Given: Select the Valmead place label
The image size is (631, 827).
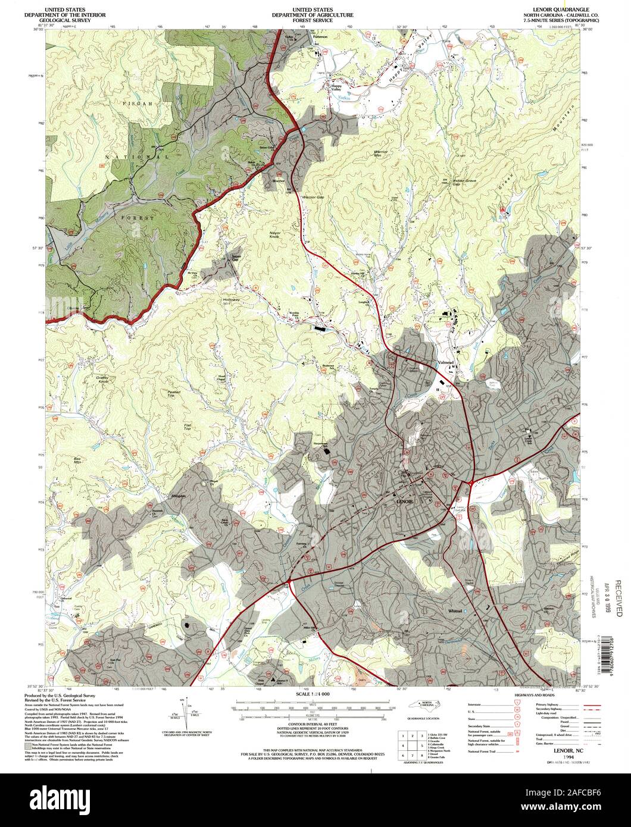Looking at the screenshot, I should click(445, 362).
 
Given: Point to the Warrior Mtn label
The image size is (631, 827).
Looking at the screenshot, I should click(380, 154).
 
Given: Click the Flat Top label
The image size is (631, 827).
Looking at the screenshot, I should click(187, 427).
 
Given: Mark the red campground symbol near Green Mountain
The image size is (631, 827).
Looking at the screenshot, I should click(504, 210).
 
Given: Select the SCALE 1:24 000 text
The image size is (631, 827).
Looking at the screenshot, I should click(315, 694).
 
